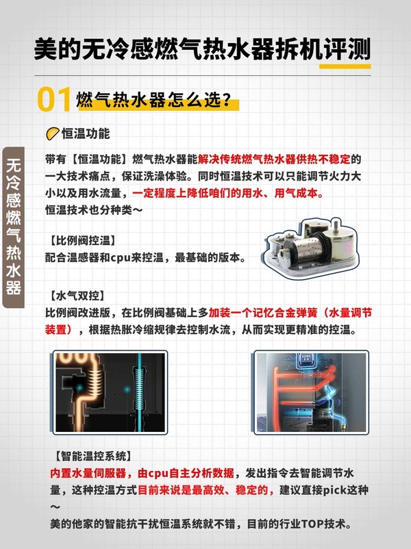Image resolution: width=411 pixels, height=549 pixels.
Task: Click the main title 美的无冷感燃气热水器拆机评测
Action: tap(203, 49)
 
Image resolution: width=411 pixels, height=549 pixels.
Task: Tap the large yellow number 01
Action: tap(54, 99)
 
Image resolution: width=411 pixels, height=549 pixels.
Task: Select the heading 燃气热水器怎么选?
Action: tap(154, 100)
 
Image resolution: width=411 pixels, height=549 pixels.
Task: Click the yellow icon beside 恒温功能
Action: tap(53, 133)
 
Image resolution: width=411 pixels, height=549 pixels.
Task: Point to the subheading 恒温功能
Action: tap(86, 133)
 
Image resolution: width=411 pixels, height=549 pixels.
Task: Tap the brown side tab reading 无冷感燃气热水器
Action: tap(13, 227)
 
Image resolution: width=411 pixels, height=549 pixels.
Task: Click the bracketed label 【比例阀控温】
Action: tap(82, 240)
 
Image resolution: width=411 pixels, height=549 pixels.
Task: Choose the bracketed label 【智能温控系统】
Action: tap(93, 456)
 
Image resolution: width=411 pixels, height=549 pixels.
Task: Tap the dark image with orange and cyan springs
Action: tap(110, 392)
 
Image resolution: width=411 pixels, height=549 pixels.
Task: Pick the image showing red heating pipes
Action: tap(311, 392)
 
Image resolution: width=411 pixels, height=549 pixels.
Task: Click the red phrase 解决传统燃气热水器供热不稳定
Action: tap(274, 159)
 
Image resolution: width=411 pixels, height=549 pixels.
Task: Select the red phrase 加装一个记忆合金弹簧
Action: tap(263, 313)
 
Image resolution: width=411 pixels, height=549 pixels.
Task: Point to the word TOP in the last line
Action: tap(312, 524)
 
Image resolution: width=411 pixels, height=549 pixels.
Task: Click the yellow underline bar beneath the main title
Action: tap(345, 66)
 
